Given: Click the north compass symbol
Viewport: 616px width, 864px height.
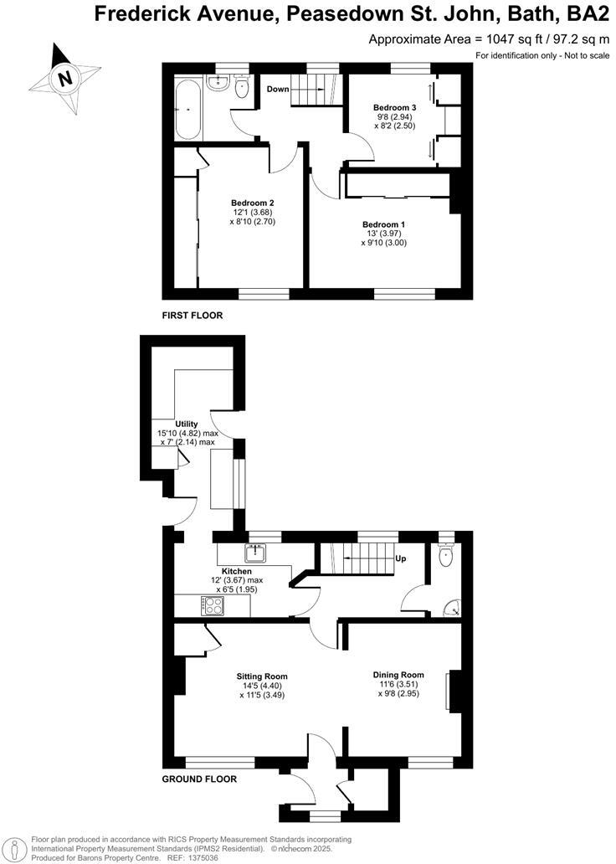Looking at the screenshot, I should [63, 79].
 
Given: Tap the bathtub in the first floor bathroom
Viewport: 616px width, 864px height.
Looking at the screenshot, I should [187, 109].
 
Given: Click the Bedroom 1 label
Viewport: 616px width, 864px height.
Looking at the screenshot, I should [383, 224].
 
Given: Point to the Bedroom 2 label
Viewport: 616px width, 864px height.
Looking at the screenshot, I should [253, 203].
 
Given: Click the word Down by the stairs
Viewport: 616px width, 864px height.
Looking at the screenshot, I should [277, 88].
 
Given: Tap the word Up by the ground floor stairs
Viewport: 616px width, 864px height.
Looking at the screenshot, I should [400, 557].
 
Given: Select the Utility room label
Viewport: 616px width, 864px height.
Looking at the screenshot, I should [186, 424].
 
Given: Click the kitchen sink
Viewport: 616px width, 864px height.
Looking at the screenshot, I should [254, 553].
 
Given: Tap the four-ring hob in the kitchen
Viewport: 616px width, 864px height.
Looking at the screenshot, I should [209, 606].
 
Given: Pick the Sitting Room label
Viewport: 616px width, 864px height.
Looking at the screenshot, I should [262, 676].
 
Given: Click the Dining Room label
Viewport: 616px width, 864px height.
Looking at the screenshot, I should [398, 675].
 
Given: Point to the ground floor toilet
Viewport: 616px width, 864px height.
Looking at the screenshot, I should [445, 553].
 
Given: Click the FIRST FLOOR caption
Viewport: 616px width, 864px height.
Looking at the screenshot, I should [192, 316].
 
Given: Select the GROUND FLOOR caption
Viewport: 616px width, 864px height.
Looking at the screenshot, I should [199, 779].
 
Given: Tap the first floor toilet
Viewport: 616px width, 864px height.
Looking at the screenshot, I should [243, 88].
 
